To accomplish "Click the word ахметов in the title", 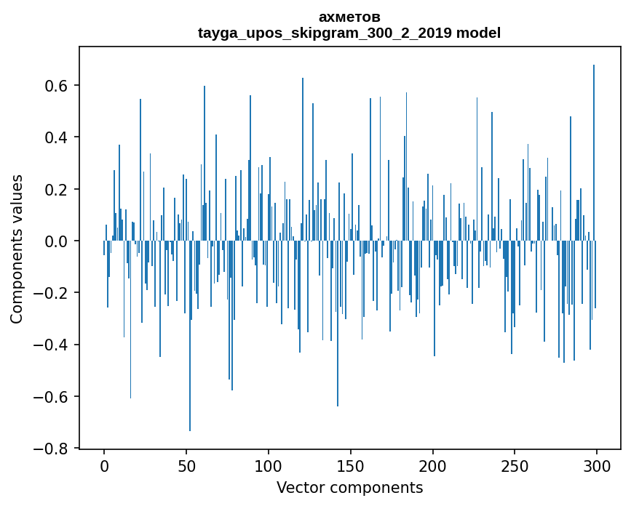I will click(x=349, y=17).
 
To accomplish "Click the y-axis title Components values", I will click(x=17, y=249).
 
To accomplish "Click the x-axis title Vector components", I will click(x=349, y=488).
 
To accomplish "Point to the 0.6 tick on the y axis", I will click(x=57, y=86).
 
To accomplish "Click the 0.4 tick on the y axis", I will click(x=57, y=137).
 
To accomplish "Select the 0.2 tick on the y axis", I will click(x=57, y=189).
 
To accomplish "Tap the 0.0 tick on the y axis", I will click(x=57, y=241).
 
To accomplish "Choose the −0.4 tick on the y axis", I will click(x=52, y=345).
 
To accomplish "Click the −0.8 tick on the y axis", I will click(x=52, y=449).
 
